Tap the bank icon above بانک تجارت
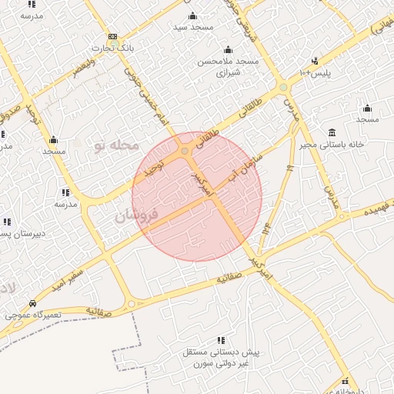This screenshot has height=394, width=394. (x=113, y=36)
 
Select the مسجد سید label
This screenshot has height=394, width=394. (x=192, y=27)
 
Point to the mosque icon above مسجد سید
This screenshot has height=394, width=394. (x=192, y=15)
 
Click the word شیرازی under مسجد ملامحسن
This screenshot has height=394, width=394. (x=229, y=72)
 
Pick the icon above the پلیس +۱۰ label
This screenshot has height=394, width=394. (x=315, y=61)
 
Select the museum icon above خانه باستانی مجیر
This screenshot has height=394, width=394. (x=332, y=132)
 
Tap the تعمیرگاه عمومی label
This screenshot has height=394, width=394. (x=30, y=315)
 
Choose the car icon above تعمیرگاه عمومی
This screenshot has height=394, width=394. (x=32, y=303)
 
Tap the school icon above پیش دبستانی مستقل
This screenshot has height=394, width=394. (x=222, y=340)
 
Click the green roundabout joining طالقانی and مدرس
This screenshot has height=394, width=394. (x=282, y=86)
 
